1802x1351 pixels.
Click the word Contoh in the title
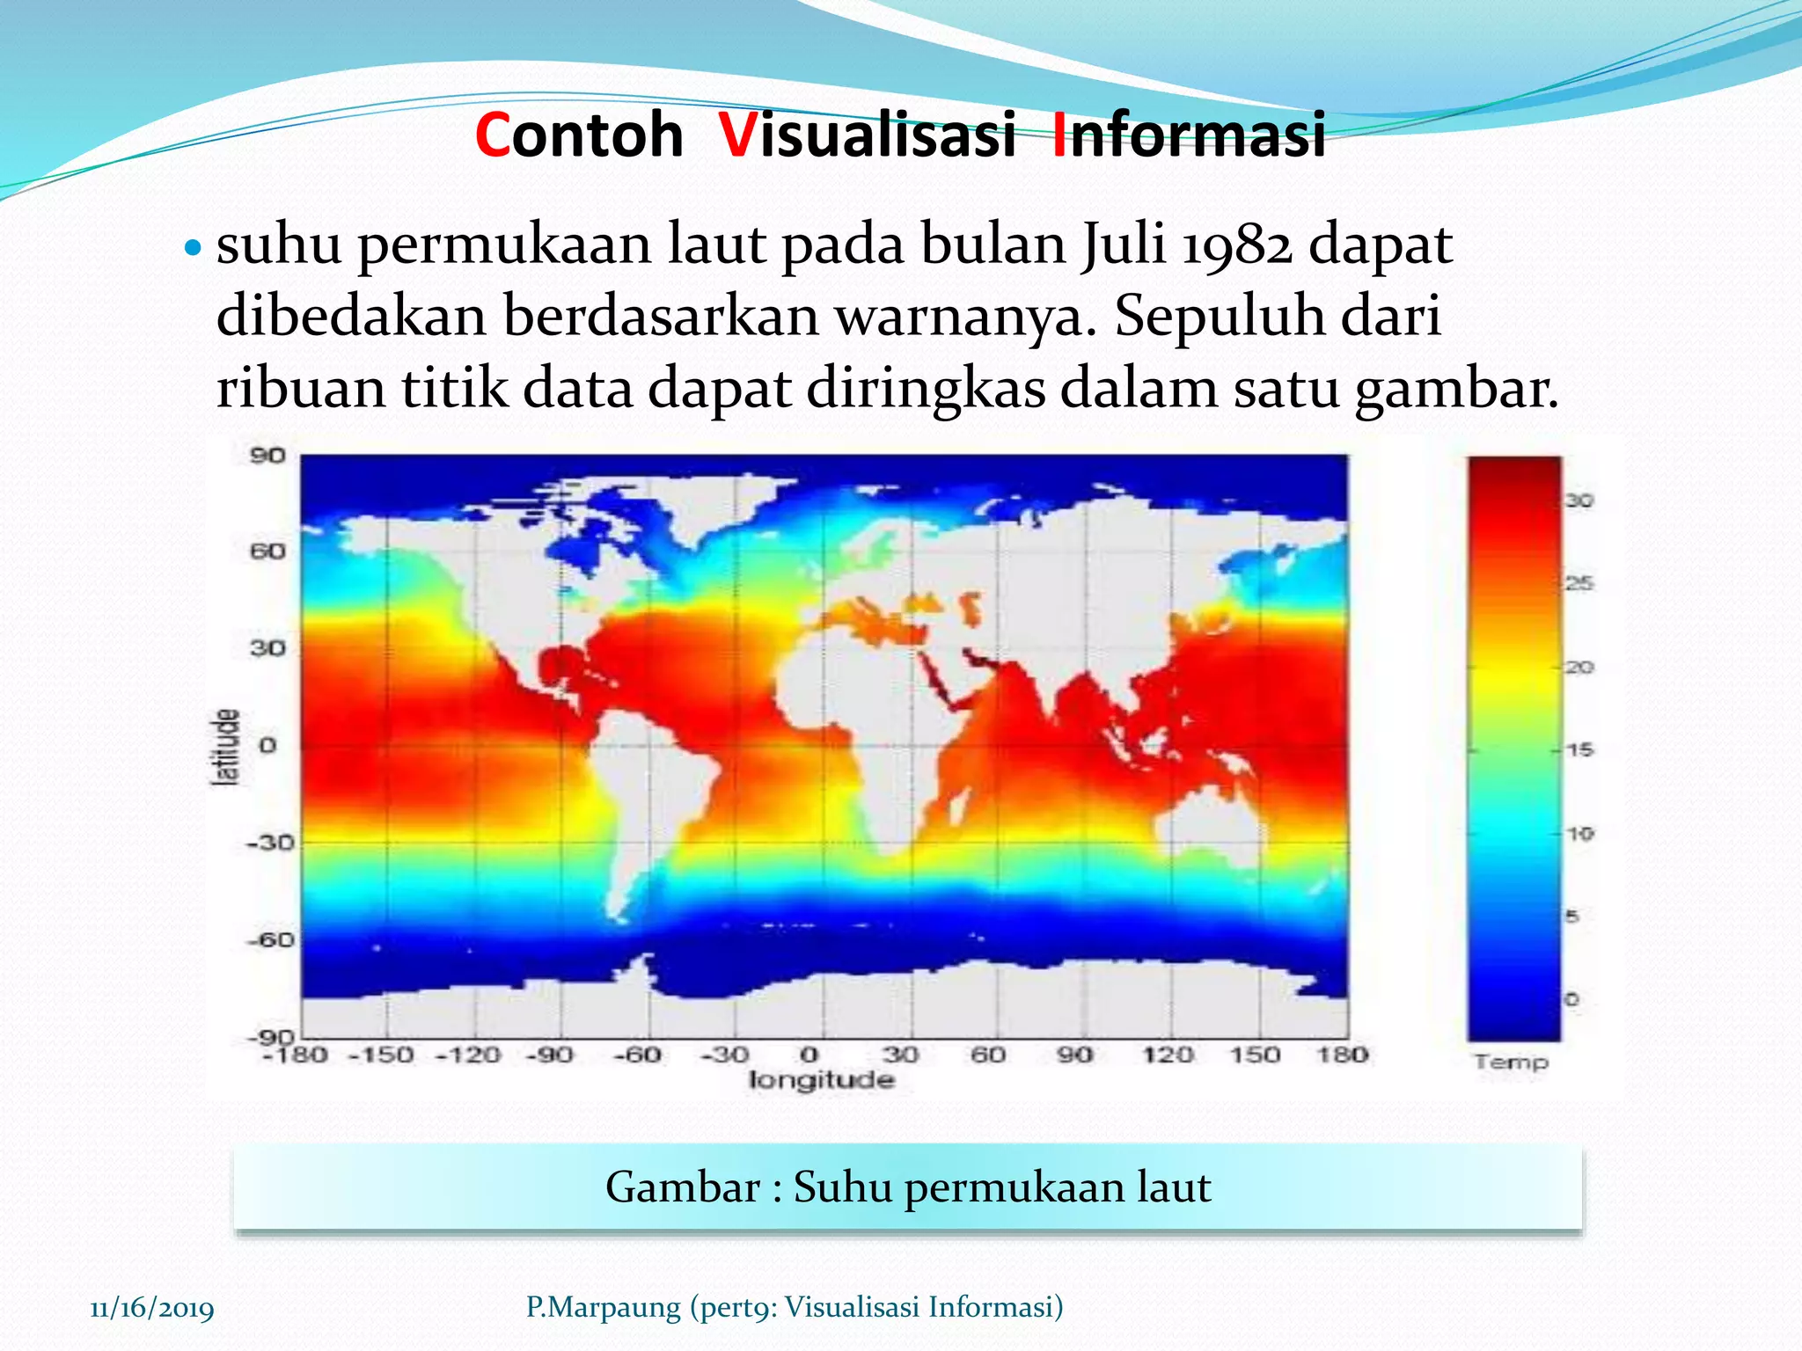pyautogui.click(x=579, y=136)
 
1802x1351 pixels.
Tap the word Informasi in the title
pyautogui.click(x=1189, y=136)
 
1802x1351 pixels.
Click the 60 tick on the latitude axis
pyautogui.click(x=267, y=552)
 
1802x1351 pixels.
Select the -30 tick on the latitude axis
pyautogui.click(x=267, y=843)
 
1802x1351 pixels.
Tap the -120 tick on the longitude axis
pyautogui.click(x=469, y=1054)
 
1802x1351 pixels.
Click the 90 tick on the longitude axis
pyautogui.click(x=1075, y=1054)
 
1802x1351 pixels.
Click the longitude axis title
pyautogui.click(x=821, y=1080)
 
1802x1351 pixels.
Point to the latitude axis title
pyautogui.click(x=226, y=747)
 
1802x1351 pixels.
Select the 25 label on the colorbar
pyautogui.click(x=1579, y=583)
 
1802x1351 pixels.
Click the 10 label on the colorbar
pyautogui.click(x=1579, y=833)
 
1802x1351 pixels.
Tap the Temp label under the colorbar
pyautogui.click(x=1511, y=1063)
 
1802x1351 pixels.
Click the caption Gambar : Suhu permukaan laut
pyautogui.click(x=907, y=1187)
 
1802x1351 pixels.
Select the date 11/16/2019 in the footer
pyautogui.click(x=152, y=1308)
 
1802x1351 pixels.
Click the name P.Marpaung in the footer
pyautogui.click(x=603, y=1307)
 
